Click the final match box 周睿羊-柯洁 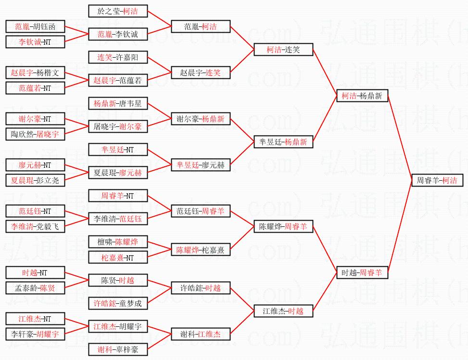(437, 181)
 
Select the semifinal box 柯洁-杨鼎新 (362, 96)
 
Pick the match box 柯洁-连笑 (284, 50)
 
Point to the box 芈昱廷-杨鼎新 (284, 142)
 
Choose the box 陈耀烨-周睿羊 (284, 226)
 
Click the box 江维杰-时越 (284, 311)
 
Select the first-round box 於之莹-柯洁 (118, 11)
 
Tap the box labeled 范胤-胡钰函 (35, 26)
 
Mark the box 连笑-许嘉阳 (118, 58)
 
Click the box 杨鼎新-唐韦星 (118, 103)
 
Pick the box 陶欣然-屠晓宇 (35, 135)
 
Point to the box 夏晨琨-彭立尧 (35, 181)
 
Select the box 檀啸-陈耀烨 (118, 242)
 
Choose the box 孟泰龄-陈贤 (35, 288)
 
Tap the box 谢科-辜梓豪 (118, 349)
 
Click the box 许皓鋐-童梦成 (118, 303)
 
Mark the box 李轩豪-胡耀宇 (35, 334)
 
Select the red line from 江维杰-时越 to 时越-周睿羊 (325, 292)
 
